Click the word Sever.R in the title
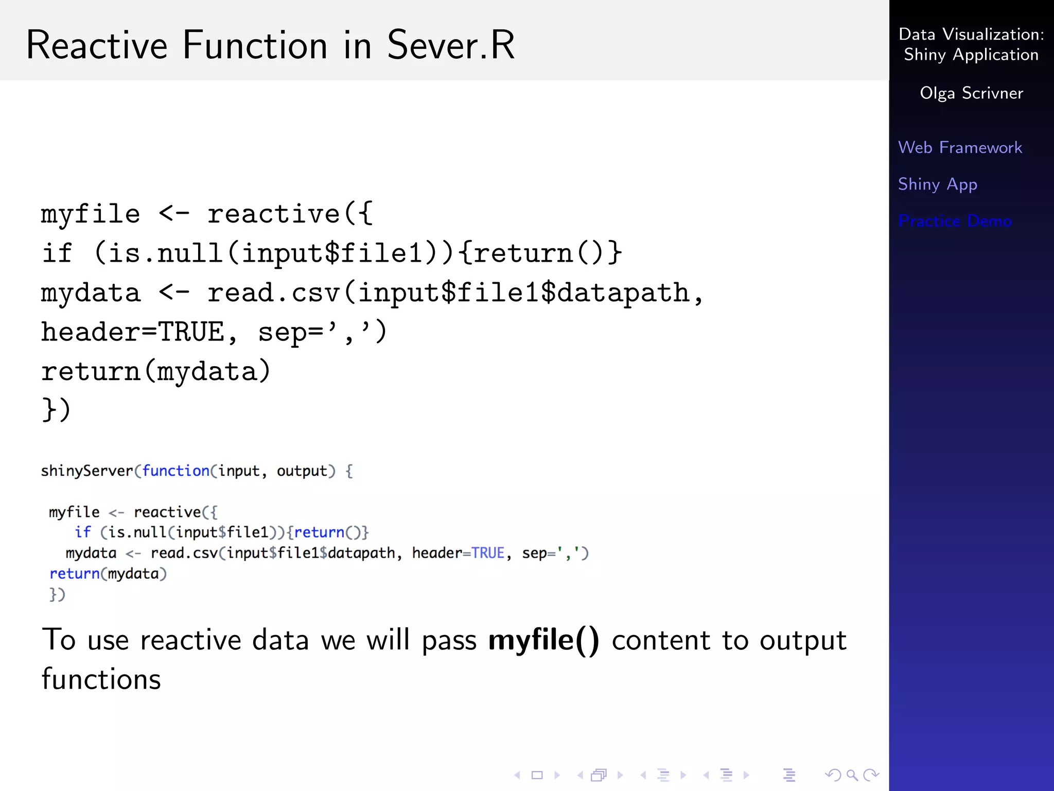click(x=450, y=45)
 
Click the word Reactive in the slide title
click(x=97, y=45)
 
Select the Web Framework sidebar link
click(x=960, y=148)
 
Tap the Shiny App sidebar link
click(x=937, y=184)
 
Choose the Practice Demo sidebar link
click(x=955, y=221)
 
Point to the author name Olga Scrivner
click(x=971, y=93)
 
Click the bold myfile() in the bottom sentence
click(x=543, y=641)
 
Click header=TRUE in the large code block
click(x=133, y=332)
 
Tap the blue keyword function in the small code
click(x=175, y=471)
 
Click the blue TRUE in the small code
click(x=487, y=553)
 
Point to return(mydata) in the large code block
click(x=155, y=371)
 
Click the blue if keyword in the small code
click(x=82, y=532)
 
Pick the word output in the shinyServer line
click(x=302, y=471)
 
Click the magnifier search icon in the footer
click(x=852, y=775)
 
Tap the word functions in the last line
click(x=101, y=679)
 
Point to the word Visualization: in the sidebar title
click(x=993, y=35)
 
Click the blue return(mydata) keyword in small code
click(x=75, y=574)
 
